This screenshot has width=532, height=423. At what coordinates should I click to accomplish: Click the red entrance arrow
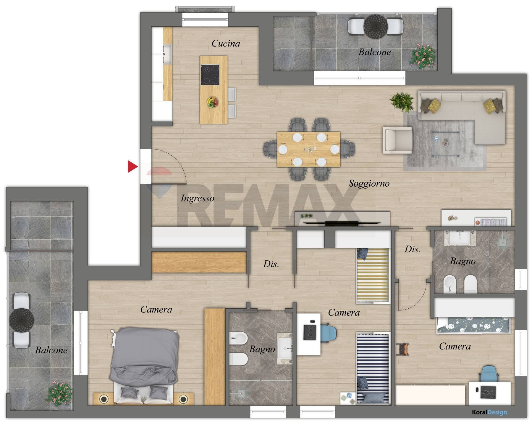pos(132,166)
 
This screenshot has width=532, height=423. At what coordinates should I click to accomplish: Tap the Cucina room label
pos(226,44)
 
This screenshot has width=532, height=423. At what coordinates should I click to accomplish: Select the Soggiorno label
pos(369,183)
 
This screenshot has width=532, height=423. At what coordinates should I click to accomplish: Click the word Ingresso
pos(198,198)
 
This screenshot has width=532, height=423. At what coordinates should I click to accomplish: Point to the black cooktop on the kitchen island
pos(210,75)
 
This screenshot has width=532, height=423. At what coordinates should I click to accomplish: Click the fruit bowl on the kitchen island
pos(212,102)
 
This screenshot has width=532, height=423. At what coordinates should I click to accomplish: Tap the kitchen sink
pos(167,55)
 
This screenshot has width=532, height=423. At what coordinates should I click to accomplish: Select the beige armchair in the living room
pos(398,140)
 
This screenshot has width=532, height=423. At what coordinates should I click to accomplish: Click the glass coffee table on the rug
pos(446,144)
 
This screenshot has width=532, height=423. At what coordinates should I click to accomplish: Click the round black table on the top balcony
pos(376,27)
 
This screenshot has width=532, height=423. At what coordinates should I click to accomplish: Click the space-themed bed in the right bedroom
pos(473,326)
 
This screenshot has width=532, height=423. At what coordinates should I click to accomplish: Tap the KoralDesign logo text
pos(489,412)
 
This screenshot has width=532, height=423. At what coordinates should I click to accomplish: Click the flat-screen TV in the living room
pos(342,223)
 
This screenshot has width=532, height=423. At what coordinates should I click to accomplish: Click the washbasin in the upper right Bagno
pos(460,238)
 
